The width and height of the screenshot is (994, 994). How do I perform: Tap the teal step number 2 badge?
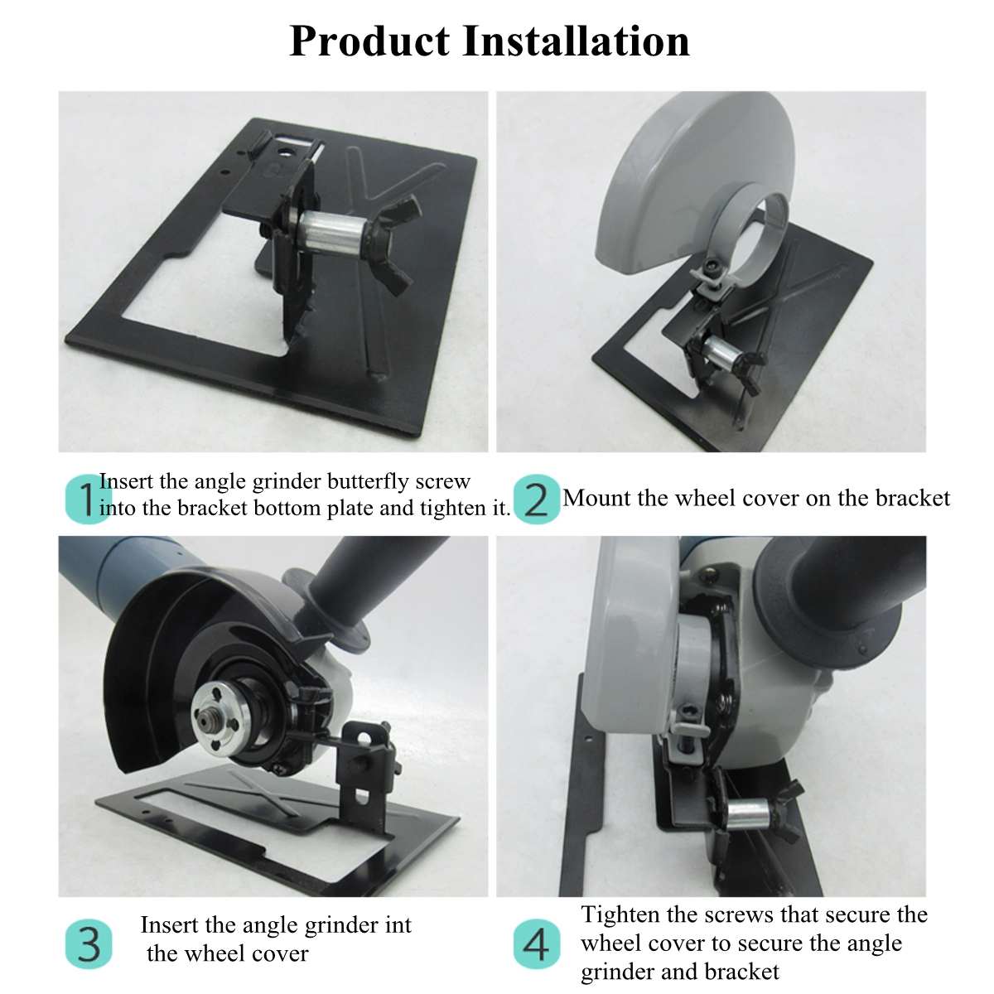pyautogui.click(x=537, y=499)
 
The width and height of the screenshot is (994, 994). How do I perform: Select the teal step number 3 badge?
pyautogui.click(x=88, y=944)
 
